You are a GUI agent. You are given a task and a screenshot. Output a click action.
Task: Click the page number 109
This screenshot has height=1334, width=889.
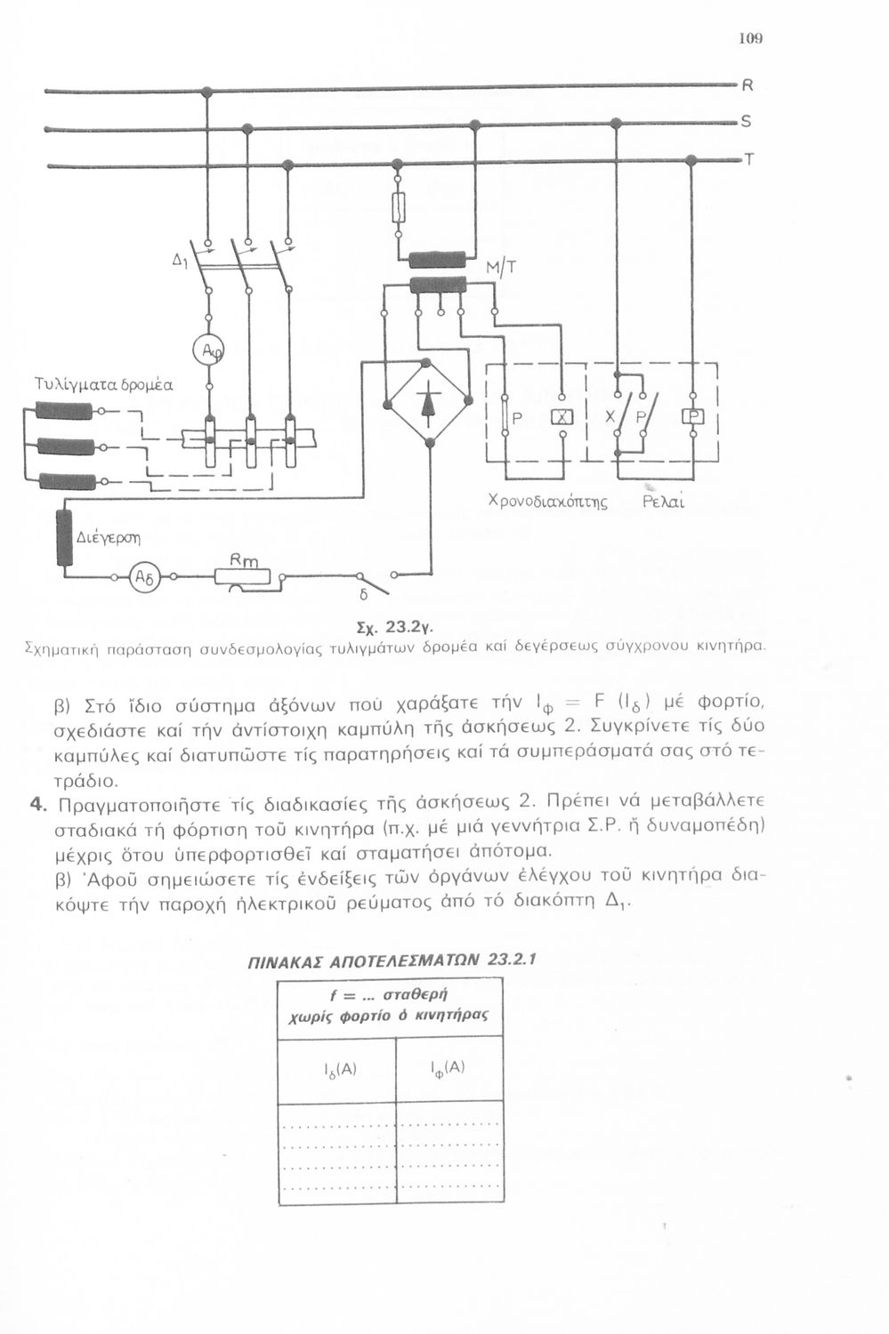pos(751,39)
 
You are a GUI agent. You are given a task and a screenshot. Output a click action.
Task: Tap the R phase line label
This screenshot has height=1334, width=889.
pos(747,86)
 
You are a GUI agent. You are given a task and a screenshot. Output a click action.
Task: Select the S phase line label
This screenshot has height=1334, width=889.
pos(747,122)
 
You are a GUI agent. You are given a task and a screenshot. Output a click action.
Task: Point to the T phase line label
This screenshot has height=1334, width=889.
pos(748,160)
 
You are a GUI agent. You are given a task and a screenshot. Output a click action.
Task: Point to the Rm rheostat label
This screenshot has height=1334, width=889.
pos(243,560)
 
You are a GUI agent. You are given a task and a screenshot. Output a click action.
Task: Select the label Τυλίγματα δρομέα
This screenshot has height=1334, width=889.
pos(102,385)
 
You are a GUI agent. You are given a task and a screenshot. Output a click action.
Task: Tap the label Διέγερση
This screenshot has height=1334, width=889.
pos(109,537)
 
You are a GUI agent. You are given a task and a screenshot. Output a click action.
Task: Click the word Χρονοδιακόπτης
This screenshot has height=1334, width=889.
pos(547,502)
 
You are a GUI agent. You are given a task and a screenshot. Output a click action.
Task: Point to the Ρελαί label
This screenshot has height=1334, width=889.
pos(663,502)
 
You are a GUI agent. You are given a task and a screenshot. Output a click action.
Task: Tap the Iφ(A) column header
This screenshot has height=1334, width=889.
pos(448,1068)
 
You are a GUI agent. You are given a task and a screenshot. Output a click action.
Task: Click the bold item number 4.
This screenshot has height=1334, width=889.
pos(36,805)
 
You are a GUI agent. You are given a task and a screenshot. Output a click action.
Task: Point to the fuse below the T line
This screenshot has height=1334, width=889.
pos(399,208)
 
